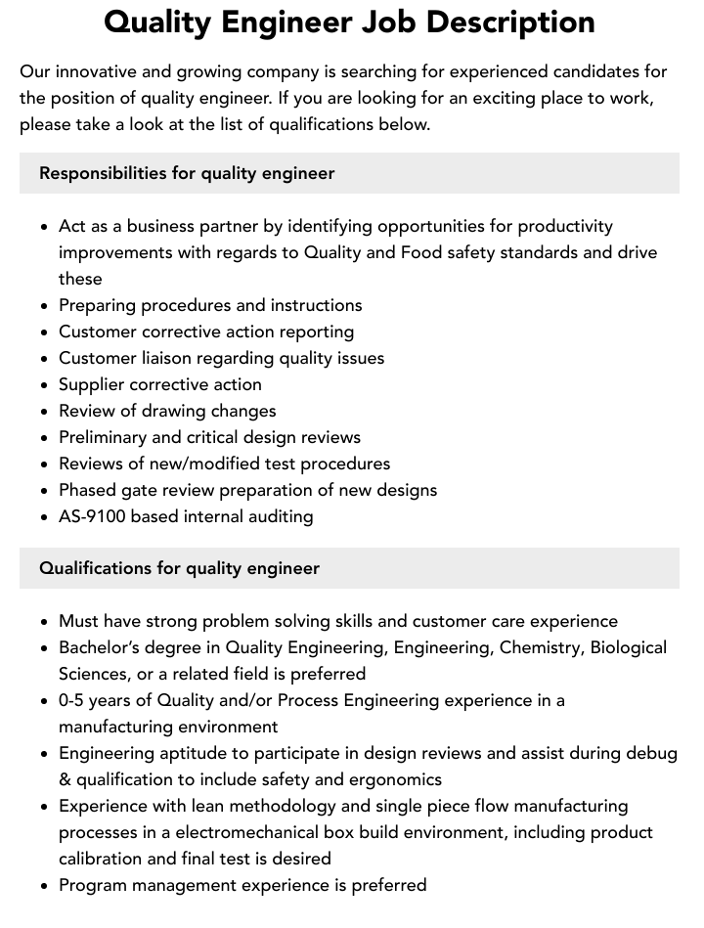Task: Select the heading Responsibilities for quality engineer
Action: (187, 173)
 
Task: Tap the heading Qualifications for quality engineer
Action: (179, 568)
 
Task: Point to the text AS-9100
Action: (92, 516)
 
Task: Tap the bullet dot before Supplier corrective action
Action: (45, 385)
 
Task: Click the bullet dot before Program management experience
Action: (45, 886)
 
